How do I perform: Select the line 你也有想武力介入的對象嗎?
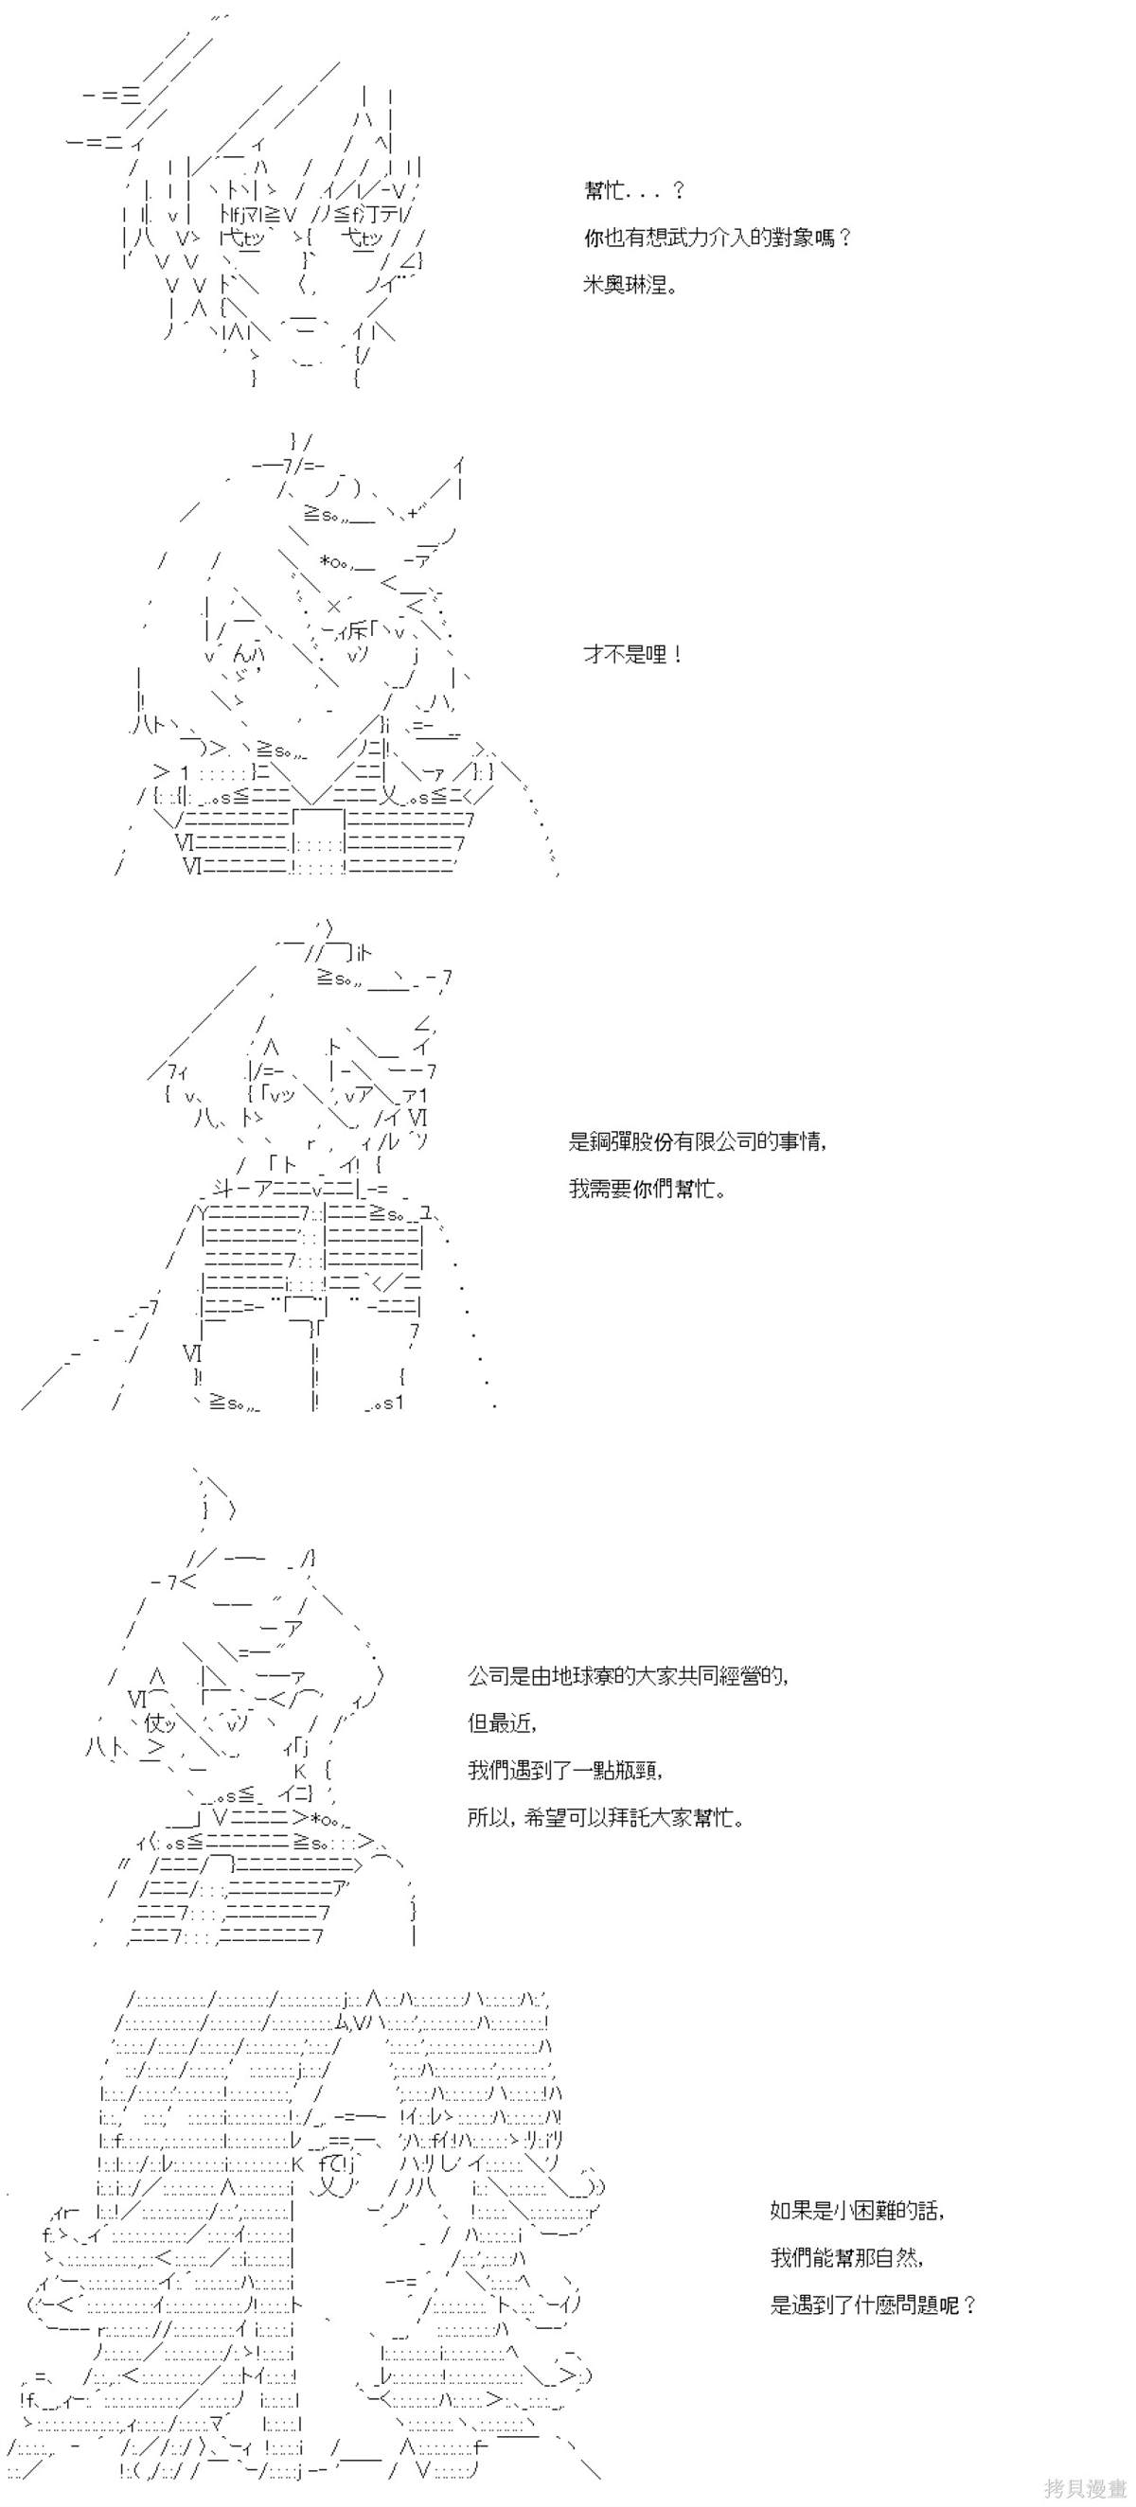tap(717, 238)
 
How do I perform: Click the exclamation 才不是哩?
tap(631, 654)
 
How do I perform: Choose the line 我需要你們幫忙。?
tap(648, 1189)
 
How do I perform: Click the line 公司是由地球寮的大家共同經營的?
tap(629, 1676)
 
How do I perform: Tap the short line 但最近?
tap(503, 1723)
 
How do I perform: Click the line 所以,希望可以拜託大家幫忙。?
tap(606, 1818)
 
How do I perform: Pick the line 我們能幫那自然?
tap(847, 2258)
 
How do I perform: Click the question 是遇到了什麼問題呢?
tap(873, 2305)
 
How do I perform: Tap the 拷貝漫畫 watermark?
tap(1085, 2487)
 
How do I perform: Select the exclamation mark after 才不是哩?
tap(676, 654)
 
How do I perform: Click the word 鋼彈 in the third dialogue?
tap(615, 1140)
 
